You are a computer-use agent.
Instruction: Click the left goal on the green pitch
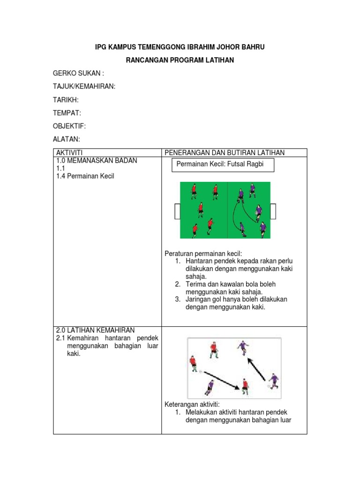click(x=177, y=211)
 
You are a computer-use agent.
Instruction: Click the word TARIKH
click(x=65, y=100)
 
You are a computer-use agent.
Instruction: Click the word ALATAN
click(x=66, y=139)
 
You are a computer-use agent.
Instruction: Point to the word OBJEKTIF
click(x=69, y=126)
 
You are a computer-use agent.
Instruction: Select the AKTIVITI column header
click(x=69, y=153)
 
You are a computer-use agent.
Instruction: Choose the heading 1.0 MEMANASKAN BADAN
click(x=97, y=160)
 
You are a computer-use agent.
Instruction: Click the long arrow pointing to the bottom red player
click(x=221, y=379)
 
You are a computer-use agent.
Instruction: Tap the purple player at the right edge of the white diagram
click(x=273, y=381)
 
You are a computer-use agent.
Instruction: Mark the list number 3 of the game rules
click(x=178, y=299)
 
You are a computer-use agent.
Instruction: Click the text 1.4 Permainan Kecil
click(x=85, y=176)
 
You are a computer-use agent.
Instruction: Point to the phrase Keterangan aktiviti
click(x=192, y=404)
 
